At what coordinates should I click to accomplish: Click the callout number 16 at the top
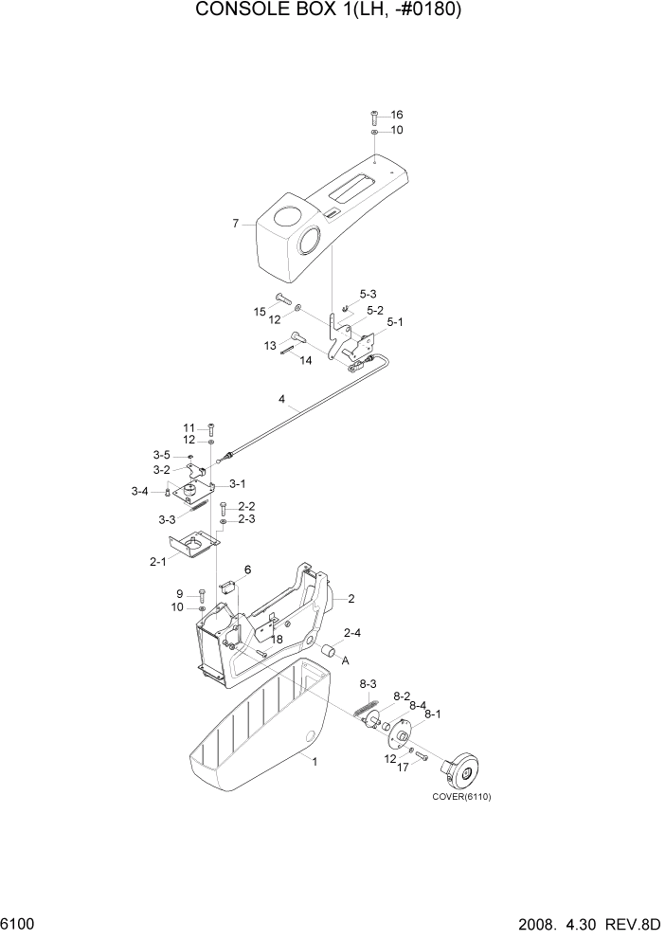click(397, 115)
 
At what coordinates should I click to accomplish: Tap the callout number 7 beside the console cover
click(236, 224)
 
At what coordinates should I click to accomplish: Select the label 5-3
click(368, 294)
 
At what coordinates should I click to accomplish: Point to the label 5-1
click(395, 322)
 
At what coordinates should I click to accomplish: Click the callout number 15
click(259, 312)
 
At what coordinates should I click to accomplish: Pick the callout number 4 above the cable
click(281, 399)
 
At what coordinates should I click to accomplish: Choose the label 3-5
click(162, 455)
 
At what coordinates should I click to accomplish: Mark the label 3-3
click(167, 519)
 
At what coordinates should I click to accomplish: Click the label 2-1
click(156, 561)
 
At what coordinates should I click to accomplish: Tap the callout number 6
click(247, 569)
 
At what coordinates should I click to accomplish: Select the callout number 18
click(277, 641)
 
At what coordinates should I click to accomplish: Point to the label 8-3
click(368, 684)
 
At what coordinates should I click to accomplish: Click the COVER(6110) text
click(462, 797)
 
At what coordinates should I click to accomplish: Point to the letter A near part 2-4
click(346, 660)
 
